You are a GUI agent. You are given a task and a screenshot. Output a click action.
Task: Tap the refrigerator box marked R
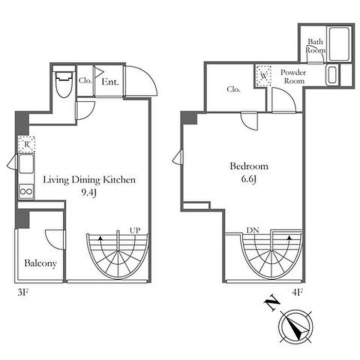pos(27,145)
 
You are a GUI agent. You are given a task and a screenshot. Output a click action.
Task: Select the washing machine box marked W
pos(264,76)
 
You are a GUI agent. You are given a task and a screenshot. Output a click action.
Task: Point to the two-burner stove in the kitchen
pos(26,191)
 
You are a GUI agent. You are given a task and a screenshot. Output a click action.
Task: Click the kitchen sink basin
pos(26,164)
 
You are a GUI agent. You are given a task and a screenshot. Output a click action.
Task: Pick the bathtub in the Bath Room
pos(339,44)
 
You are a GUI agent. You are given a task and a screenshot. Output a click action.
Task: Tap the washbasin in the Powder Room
pos(332,75)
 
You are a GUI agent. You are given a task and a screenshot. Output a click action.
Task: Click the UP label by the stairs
pos(135,230)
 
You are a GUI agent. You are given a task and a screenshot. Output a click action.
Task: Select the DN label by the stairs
pos(253,230)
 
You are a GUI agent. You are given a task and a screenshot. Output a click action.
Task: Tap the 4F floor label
pos(297,292)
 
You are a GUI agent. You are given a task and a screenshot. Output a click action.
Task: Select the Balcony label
pos(41,263)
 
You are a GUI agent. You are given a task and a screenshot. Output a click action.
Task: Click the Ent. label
pos(110,82)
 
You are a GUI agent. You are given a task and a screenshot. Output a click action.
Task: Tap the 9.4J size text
pos(89,192)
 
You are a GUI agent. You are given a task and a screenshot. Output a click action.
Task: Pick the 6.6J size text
pos(248,179)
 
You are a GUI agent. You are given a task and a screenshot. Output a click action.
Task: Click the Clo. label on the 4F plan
pos(233,89)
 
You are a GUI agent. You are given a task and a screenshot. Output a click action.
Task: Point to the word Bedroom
pos(249,166)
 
